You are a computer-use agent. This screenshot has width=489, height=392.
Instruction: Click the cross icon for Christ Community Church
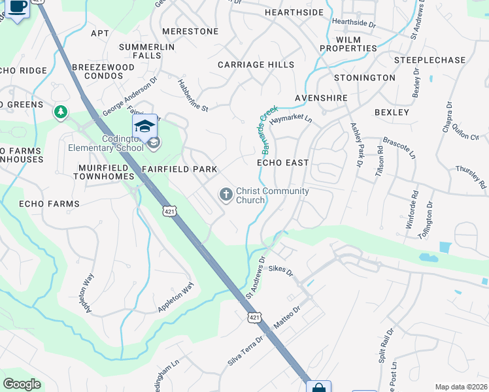226,194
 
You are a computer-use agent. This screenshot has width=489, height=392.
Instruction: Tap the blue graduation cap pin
145,125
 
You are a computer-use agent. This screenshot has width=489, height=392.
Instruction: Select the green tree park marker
61,112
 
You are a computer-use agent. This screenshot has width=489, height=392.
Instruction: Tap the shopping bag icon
318,387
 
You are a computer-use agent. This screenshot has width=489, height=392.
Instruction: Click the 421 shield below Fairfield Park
169,211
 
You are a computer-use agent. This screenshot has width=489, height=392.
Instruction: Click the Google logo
22,384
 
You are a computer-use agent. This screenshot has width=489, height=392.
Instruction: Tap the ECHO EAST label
282,162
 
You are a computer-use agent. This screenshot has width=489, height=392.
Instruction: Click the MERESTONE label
190,31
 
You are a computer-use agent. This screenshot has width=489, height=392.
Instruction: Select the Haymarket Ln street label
291,120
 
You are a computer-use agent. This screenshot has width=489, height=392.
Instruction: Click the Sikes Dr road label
281,268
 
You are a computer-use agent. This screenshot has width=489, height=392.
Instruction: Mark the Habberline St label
193,95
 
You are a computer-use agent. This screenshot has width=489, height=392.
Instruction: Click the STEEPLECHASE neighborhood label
430,60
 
